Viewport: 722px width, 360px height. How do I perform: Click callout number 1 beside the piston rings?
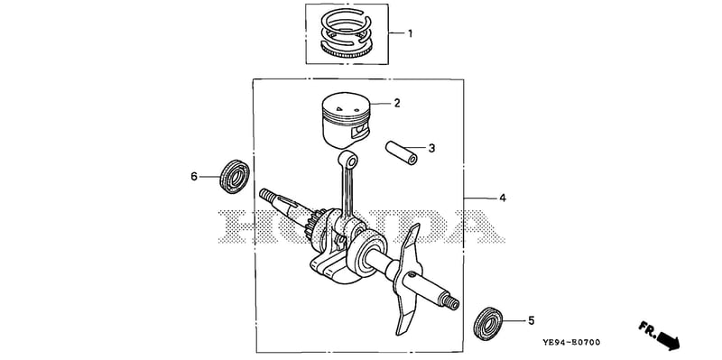410,33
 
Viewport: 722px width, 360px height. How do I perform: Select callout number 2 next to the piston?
396,103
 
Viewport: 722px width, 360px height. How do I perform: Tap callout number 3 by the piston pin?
431,148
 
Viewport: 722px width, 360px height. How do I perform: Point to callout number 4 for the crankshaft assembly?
503,198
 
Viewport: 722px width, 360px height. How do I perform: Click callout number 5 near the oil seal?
531,320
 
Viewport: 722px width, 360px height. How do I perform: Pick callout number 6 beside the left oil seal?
194,176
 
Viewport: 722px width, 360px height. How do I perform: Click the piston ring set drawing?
347,32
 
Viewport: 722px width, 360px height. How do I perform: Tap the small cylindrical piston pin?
402,152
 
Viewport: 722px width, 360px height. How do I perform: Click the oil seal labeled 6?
235,176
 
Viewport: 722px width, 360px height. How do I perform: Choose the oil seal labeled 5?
488,323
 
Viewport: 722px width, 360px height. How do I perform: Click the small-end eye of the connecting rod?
348,161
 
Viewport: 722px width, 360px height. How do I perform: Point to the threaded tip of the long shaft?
450,301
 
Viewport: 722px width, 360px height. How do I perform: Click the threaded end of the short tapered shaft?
266,195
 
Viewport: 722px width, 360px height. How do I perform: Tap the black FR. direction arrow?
668,340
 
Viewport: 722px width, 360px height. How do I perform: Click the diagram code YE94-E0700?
570,342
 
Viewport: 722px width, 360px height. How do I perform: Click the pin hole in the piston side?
359,132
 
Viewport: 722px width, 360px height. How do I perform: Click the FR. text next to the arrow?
647,328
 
